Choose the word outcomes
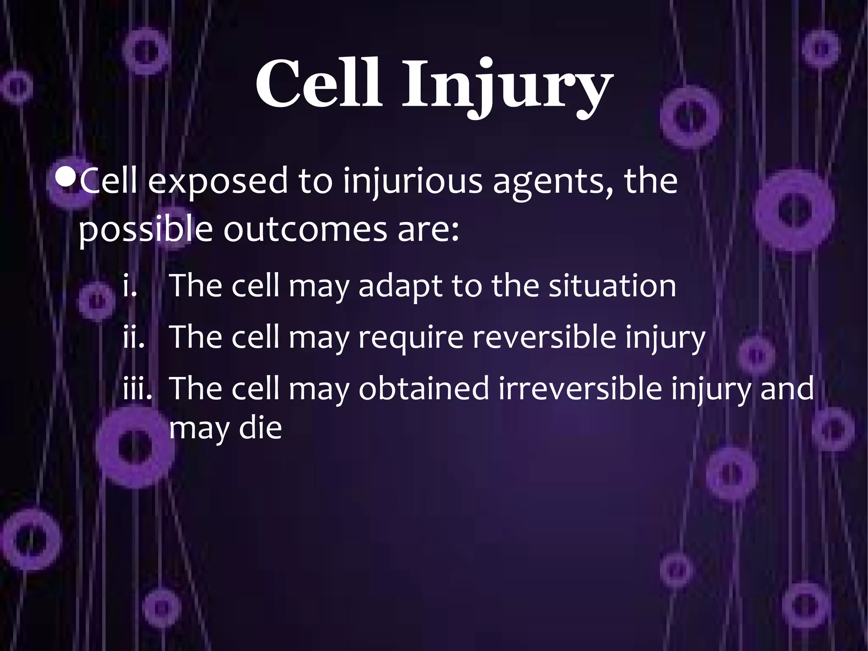[x=305, y=231]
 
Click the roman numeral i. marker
[x=129, y=286]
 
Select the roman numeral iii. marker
[x=137, y=388]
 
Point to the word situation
[x=612, y=286]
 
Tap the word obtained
[x=423, y=388]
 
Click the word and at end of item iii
[x=787, y=388]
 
